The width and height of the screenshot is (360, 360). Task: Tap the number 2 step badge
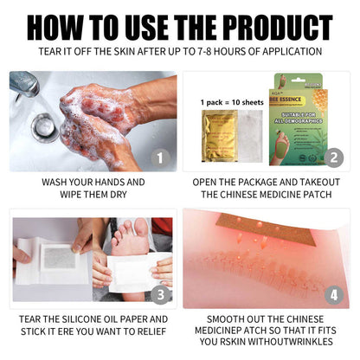point(332,157)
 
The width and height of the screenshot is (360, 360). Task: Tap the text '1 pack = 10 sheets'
point(231,103)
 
